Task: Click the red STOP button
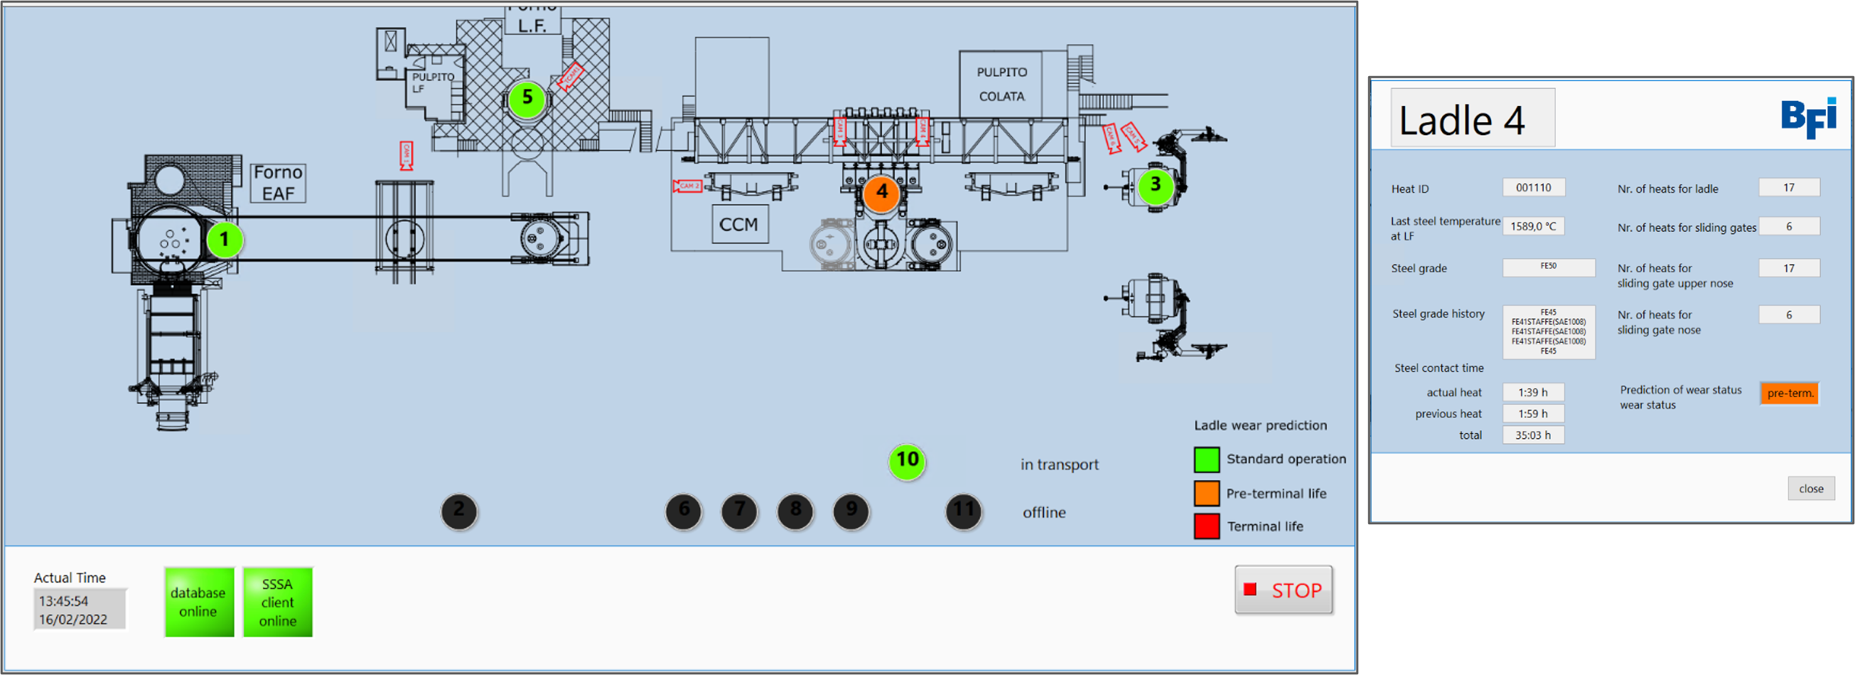point(1284,590)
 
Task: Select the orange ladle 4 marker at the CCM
point(881,193)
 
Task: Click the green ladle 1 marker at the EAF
point(224,240)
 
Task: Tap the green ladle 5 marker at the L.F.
point(527,98)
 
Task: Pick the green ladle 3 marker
point(1155,185)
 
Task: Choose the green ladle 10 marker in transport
point(907,460)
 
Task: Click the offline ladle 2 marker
point(458,511)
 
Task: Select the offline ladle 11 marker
point(963,511)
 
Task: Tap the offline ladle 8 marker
point(795,511)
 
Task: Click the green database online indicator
point(199,602)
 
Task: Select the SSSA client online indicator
point(277,602)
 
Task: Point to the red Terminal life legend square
point(1206,526)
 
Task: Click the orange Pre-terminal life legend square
point(1206,494)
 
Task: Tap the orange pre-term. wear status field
point(1789,393)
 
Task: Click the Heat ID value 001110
point(1533,188)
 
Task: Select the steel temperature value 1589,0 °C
point(1533,226)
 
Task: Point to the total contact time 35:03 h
point(1532,435)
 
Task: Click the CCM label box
point(739,224)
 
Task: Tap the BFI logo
point(1808,118)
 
